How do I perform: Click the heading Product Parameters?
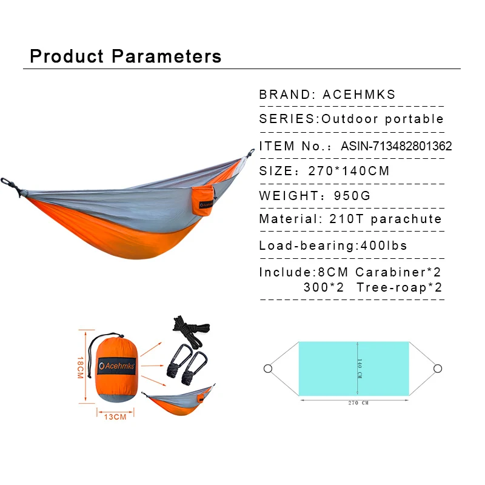[125, 56]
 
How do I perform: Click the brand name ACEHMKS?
[359, 95]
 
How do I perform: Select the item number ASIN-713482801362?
[396, 146]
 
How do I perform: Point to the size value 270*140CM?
[349, 171]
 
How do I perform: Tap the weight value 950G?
[352, 195]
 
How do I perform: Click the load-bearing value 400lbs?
[384, 246]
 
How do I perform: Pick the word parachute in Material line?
[406, 219]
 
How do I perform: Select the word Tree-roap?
[392, 287]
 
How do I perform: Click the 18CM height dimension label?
[81, 367]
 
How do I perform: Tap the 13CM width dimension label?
[115, 417]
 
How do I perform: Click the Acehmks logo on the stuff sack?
[116, 366]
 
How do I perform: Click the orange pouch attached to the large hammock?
[203, 201]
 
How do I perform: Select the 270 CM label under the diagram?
[358, 403]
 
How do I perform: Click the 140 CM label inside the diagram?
[360, 369]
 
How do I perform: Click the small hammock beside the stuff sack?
[179, 401]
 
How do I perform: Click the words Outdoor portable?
[383, 119]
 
